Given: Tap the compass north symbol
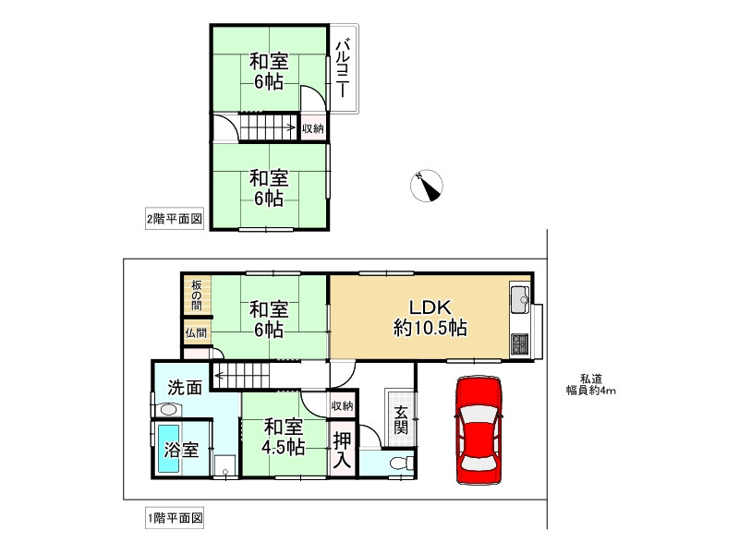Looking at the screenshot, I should click(x=426, y=185).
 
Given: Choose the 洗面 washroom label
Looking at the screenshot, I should click(x=185, y=388).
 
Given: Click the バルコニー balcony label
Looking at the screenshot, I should click(x=341, y=68).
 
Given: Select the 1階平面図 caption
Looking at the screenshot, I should click(x=175, y=518).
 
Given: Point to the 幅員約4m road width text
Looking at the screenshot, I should click(x=591, y=391).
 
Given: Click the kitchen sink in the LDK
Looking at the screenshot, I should click(x=518, y=298).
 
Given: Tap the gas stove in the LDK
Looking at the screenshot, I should click(x=518, y=344).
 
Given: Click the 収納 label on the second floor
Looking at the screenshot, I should click(x=313, y=128).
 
